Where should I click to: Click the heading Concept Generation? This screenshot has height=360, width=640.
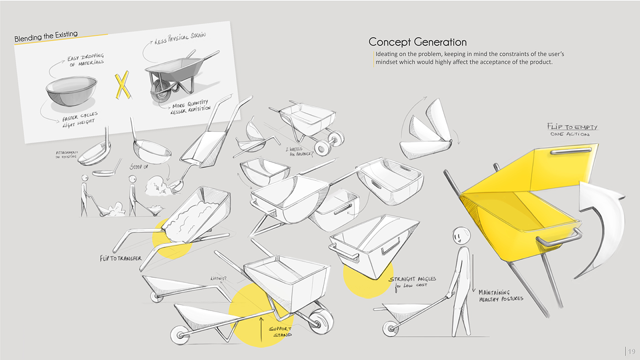click(x=417, y=42)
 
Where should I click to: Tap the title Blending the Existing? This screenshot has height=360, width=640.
click(x=46, y=36)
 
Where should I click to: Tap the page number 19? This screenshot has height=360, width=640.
click(x=631, y=351)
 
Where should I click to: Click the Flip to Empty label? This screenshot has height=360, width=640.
click(x=572, y=127)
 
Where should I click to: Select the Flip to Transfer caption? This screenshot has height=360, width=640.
click(x=121, y=259)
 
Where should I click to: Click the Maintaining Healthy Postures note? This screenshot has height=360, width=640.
click(x=500, y=295)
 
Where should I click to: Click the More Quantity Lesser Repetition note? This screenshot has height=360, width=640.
click(x=190, y=106)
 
